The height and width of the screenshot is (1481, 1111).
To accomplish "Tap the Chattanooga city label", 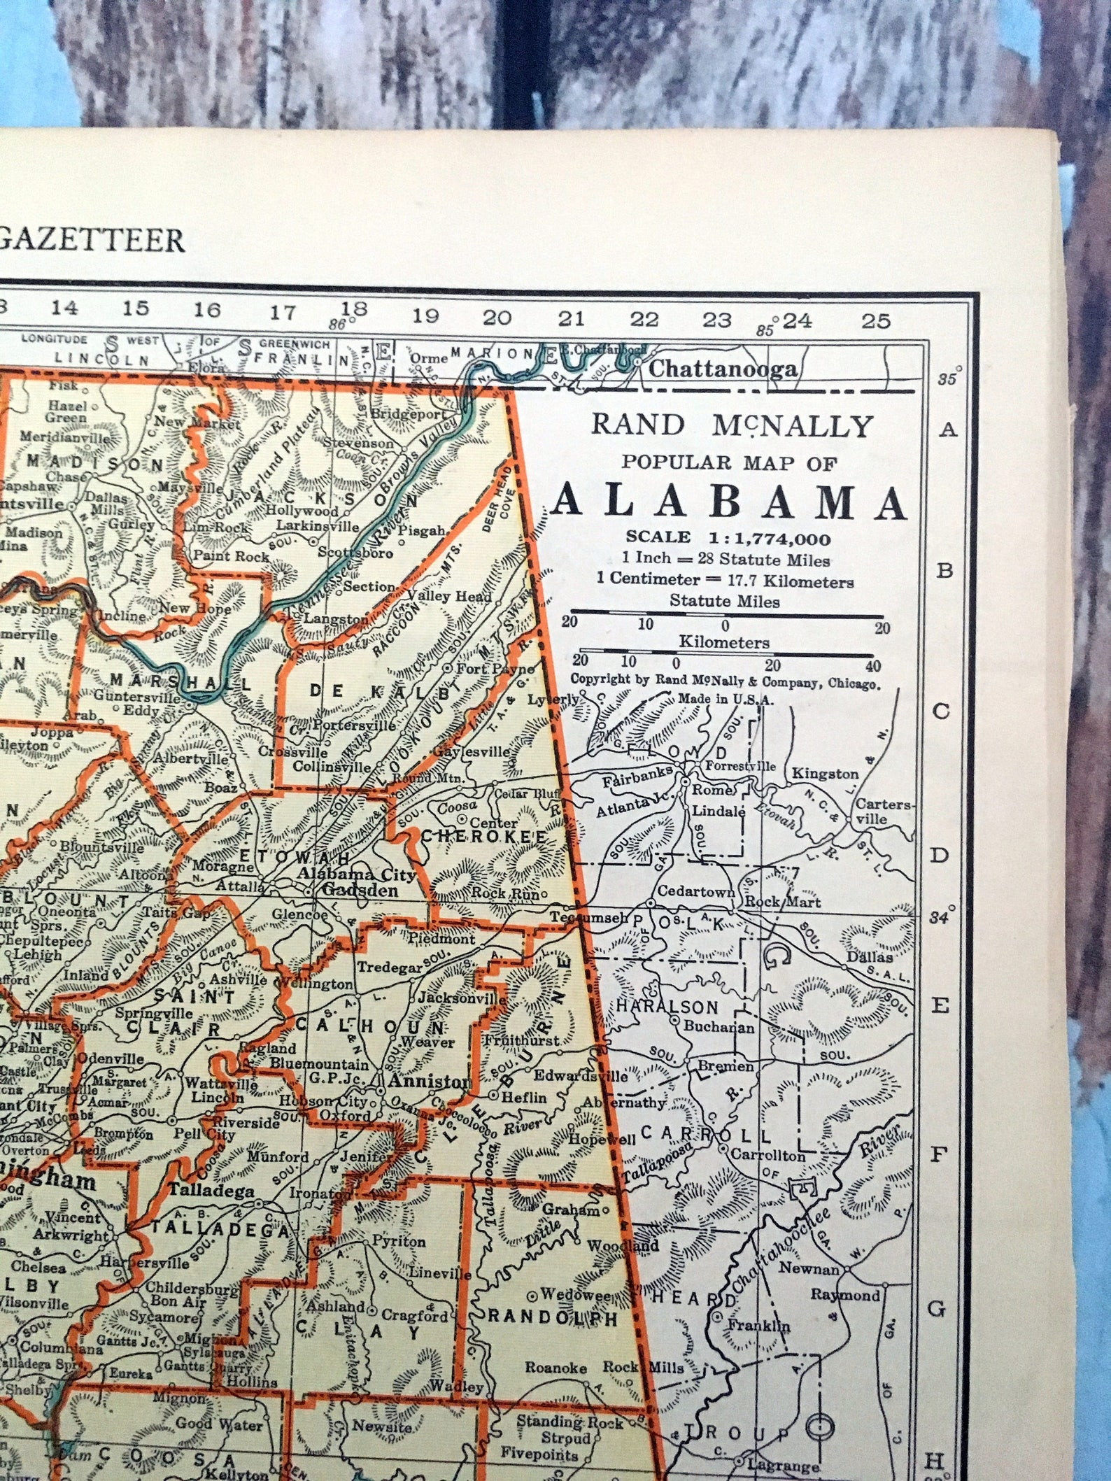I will (723, 369).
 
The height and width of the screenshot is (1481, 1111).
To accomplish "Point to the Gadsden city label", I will (359, 891).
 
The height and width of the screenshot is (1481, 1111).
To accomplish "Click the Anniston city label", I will (428, 1081).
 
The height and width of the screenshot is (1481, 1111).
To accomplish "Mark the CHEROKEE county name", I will (483, 837).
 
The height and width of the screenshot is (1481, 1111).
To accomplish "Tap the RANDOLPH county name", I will (553, 1319).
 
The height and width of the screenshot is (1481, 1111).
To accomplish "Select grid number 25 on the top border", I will (875, 321).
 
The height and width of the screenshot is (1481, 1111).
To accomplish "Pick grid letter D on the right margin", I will (944, 856).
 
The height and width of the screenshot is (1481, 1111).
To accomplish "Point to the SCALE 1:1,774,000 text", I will (728, 538).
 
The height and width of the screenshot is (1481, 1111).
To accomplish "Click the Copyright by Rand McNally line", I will (726, 682).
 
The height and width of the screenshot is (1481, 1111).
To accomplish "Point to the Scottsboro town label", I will (355, 552).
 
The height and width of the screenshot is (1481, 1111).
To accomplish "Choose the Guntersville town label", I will (138, 696).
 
